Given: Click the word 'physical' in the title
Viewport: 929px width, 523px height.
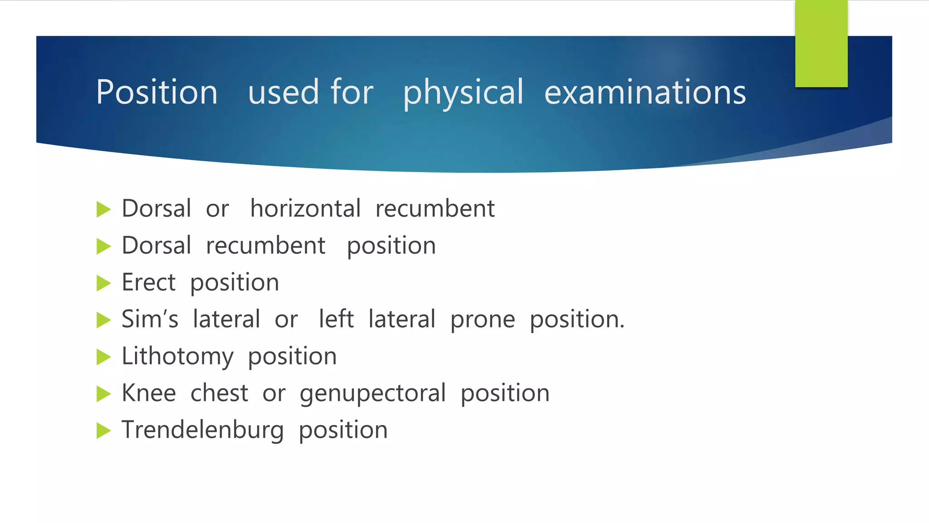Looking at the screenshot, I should pos(463,93).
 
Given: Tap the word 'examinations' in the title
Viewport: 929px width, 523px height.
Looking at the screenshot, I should pos(645,93).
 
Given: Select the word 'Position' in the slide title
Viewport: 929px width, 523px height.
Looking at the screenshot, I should pos(156,93).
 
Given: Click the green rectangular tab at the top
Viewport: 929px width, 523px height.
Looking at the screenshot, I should pos(821,43).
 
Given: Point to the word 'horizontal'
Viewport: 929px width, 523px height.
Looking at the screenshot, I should pos(305,209).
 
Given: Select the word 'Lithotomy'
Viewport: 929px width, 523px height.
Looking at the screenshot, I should pos(177,356).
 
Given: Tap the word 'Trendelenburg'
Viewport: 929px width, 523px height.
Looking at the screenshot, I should pos(202,430).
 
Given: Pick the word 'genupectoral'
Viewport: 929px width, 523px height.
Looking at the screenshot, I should pos(372,393).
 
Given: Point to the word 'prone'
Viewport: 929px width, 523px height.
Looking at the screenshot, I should pos(483,320).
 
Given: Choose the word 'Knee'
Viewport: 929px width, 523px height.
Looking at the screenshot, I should pos(149,393).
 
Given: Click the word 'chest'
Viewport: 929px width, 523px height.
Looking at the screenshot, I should pos(219,393).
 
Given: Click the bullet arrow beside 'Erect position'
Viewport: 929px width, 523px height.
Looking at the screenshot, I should pos(104,283).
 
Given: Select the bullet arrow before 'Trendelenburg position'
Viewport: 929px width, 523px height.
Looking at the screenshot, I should pos(104,430).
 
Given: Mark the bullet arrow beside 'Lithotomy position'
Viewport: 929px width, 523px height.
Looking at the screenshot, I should pos(104,357).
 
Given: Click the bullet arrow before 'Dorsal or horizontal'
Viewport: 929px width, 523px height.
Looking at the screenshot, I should pos(104,210).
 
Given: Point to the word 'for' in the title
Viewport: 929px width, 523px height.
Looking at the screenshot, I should pos(352,93).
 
